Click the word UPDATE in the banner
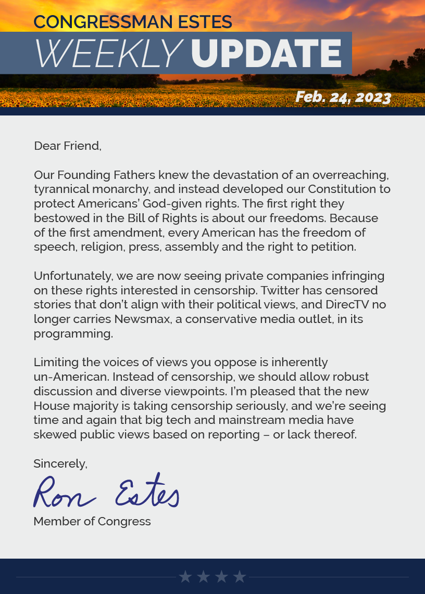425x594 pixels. pos(266,53)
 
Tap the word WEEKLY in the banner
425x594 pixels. pos(108,53)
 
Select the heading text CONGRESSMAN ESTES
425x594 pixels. pos(133,22)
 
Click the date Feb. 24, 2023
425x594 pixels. pos(343,97)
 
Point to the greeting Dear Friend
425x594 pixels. pos(67,146)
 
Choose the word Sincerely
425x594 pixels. pos(60,463)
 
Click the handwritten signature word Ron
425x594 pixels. pos(64,493)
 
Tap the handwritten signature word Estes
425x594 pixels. pos(147,492)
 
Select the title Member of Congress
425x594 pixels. pos(92,521)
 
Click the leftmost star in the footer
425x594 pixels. pos(185,576)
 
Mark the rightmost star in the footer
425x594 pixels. pos(240,576)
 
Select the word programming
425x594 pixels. pos(73,333)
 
